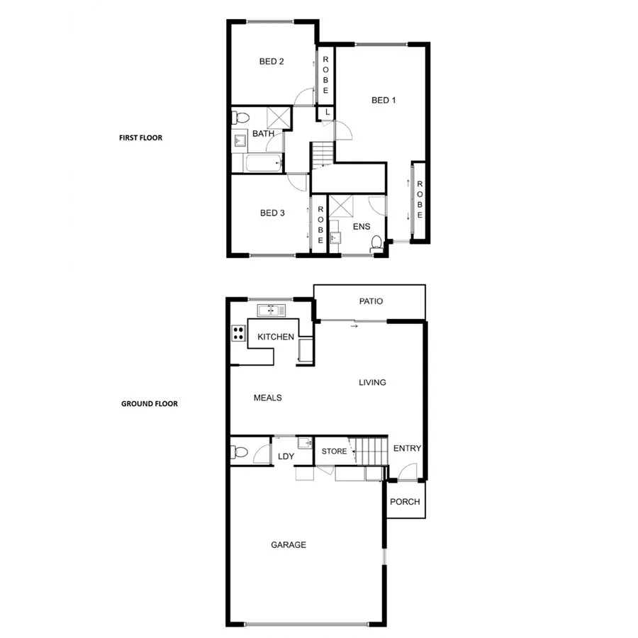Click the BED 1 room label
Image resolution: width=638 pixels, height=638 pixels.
click(x=383, y=100)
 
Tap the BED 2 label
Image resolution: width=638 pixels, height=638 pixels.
click(x=272, y=62)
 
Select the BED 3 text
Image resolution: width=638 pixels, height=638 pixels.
click(x=272, y=213)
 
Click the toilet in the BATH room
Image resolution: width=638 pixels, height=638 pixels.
click(x=240, y=118)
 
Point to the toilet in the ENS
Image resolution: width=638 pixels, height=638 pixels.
click(x=376, y=242)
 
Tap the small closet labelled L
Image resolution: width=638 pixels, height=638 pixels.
click(x=327, y=113)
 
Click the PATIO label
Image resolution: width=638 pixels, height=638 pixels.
click(x=370, y=301)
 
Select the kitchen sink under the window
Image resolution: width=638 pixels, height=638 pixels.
click(x=272, y=310)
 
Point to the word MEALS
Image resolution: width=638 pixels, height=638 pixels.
click(x=267, y=398)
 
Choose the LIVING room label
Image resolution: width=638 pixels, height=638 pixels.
click(x=372, y=383)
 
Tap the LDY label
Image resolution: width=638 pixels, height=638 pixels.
click(x=286, y=457)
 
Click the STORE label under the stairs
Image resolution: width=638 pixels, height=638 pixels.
click(x=334, y=452)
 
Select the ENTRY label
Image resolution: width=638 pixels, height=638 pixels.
click(x=407, y=448)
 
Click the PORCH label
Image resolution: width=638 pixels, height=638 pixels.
click(x=405, y=502)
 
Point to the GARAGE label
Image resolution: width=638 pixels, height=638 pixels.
click(x=289, y=545)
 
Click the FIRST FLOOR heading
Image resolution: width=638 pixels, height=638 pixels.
click(x=140, y=138)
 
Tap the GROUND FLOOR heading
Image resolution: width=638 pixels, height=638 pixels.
click(x=149, y=404)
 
